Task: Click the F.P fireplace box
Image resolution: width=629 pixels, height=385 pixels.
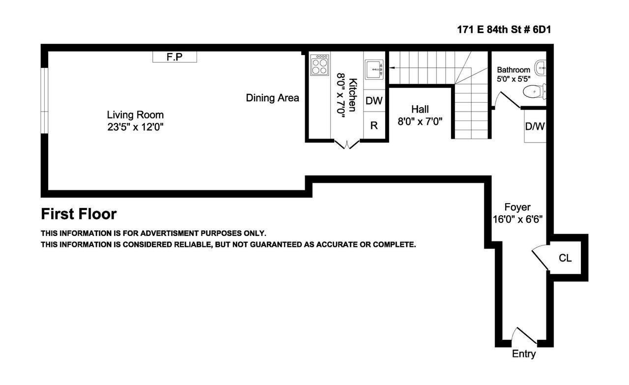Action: click(x=174, y=57)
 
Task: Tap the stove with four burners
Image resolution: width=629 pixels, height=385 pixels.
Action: click(x=319, y=65)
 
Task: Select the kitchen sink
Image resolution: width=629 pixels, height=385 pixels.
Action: click(x=374, y=69)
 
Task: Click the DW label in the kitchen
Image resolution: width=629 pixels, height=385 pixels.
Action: click(x=374, y=101)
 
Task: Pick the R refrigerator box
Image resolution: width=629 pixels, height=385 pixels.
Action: click(x=374, y=125)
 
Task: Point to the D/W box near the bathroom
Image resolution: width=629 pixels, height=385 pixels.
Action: click(x=535, y=126)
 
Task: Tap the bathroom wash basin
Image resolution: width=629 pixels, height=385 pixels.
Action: click(x=541, y=68)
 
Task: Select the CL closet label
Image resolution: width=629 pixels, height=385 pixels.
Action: click(x=565, y=258)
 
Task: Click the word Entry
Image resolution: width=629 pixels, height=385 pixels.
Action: click(x=524, y=354)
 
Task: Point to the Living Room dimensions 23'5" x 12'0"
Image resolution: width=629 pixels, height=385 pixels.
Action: click(x=135, y=127)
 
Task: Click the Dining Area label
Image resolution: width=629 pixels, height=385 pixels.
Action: click(x=272, y=98)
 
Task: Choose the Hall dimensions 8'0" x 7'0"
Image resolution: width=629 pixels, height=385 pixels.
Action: click(x=420, y=121)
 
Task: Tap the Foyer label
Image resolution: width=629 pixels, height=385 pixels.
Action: click(x=517, y=207)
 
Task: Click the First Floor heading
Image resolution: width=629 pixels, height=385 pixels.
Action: click(x=79, y=214)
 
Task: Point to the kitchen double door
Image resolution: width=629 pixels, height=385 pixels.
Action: click(x=347, y=144)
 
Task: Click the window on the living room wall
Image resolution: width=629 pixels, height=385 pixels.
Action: click(x=44, y=101)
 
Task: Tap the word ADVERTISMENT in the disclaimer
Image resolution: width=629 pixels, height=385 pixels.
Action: click(x=170, y=233)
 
